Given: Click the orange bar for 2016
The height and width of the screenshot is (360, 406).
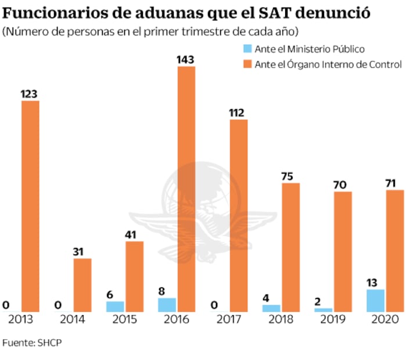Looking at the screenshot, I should point(186,189).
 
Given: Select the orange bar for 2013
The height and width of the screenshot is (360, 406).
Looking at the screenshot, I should point(30,206).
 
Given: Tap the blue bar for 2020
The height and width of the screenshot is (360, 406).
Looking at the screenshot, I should point(376,300).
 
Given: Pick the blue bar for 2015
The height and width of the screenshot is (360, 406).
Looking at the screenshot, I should point(115,306).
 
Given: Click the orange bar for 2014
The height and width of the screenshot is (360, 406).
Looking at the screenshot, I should point(82,285).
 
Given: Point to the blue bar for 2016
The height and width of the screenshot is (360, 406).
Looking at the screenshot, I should point(167,304).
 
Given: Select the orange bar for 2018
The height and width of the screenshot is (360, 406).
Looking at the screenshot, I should point(290,247).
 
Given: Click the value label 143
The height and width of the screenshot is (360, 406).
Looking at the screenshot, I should point(186,59).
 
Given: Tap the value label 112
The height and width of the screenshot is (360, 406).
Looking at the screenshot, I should point(238,112).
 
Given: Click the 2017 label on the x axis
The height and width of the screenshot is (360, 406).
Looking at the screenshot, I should point(228,319).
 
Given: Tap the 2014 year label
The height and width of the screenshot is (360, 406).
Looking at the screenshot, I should point(73,319).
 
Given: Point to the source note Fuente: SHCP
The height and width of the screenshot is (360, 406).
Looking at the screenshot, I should point(32,343).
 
